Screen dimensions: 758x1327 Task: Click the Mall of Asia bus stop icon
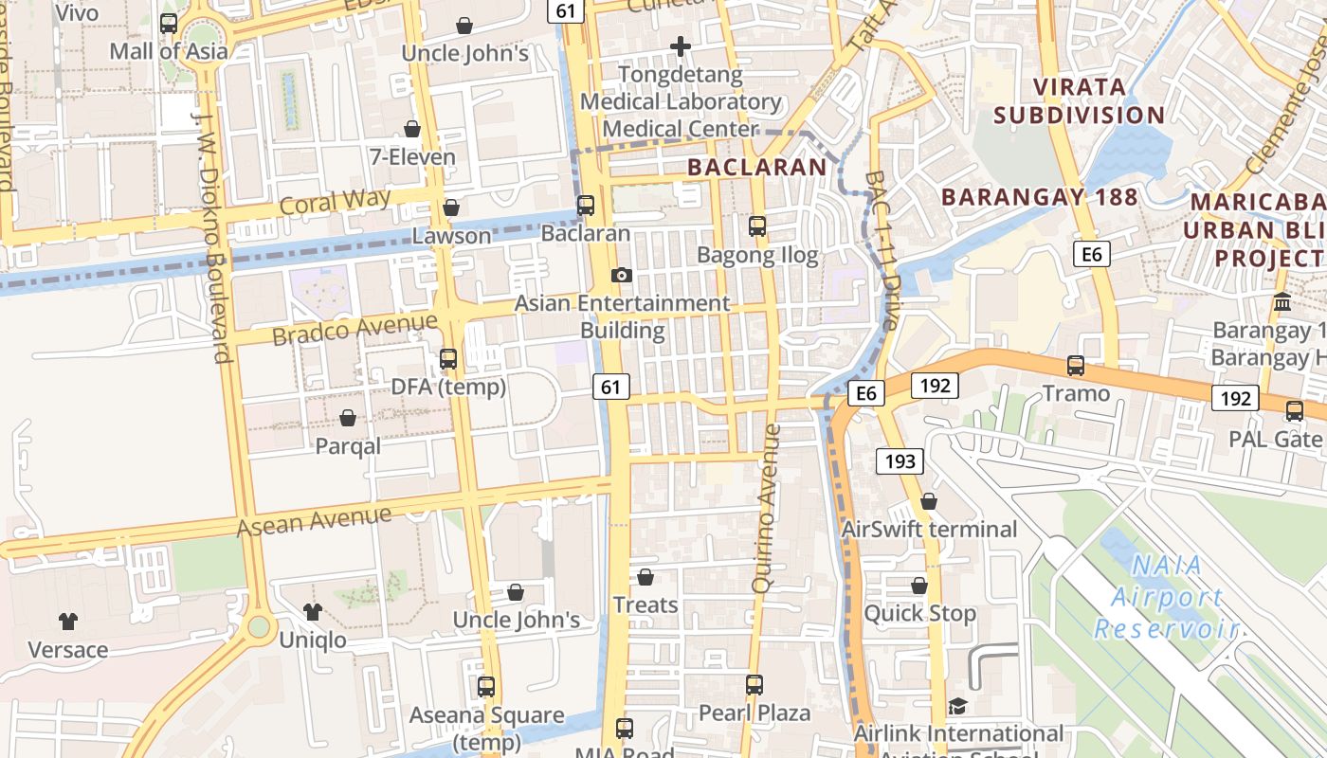tap(169, 24)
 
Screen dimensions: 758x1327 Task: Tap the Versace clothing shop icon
tap(68, 622)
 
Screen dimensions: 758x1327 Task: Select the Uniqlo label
tap(313, 641)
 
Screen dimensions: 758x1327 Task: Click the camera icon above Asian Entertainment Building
tap(622, 275)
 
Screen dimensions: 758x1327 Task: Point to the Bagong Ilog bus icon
tap(756, 226)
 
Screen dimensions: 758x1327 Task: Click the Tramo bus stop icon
tap(1076, 365)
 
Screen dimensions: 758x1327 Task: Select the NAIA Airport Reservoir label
tap(1167, 597)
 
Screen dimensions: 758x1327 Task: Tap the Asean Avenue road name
tap(314, 521)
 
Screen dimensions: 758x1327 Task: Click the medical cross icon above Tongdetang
tap(680, 45)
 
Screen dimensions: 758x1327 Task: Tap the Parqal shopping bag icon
tap(348, 418)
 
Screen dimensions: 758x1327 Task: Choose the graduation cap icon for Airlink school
tap(957, 707)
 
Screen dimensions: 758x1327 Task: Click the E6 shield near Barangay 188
tap(1092, 254)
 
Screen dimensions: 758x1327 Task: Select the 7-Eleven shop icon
tap(412, 129)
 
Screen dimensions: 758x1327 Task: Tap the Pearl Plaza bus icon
tap(754, 684)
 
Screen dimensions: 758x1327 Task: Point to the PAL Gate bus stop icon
tap(1295, 410)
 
